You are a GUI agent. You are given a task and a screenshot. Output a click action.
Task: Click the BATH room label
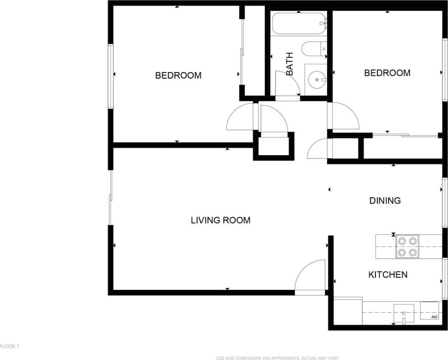pos(289,64)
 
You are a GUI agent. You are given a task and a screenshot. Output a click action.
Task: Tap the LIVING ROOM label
pos(220,220)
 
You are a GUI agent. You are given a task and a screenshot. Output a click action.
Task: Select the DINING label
pos(385,200)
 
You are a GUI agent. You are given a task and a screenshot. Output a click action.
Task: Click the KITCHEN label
pos(388,275)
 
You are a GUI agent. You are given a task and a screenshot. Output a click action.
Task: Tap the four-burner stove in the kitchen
pos(407,246)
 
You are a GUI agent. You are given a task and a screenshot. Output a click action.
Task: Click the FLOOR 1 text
pos(9,346)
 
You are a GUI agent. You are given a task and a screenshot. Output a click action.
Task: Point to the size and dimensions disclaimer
pos(277,358)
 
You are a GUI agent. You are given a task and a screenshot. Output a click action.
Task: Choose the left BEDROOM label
pos(178,75)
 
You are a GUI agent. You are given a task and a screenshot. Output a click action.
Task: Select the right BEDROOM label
pos(387,73)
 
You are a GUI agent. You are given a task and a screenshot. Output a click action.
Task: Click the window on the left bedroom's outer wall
pos(111,76)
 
